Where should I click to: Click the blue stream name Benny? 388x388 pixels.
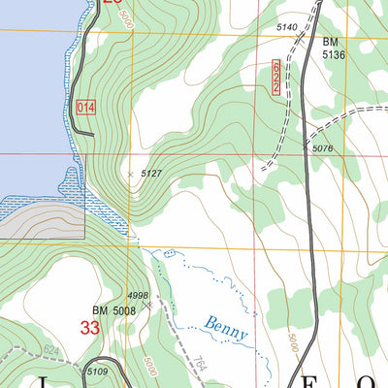(x=226, y=328)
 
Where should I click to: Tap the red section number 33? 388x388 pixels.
(x=90, y=329)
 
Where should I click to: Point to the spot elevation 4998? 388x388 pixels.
(x=139, y=296)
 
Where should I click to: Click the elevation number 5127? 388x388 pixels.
(x=150, y=174)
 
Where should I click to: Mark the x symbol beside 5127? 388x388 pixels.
(x=132, y=174)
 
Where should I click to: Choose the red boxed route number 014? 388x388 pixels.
(x=84, y=108)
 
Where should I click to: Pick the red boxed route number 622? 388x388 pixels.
(x=276, y=76)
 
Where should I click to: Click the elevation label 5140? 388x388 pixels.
(x=285, y=28)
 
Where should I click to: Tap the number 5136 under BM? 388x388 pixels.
(x=334, y=55)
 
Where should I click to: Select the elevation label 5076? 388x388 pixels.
(x=323, y=148)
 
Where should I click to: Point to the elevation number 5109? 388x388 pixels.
(x=97, y=372)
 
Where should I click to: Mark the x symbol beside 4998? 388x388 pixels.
(x=147, y=305)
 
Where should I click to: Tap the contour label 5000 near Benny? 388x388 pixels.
(x=291, y=341)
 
